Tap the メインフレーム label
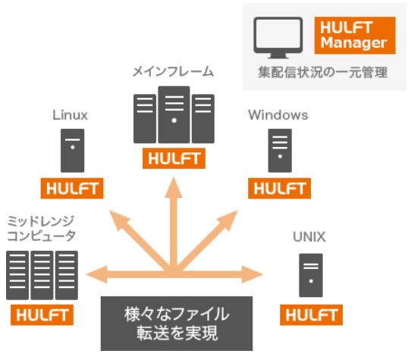[x=173, y=73]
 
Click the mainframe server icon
[x=174, y=117]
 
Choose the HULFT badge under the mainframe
[x=174, y=160]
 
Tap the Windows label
[x=278, y=115]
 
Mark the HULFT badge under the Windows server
[x=279, y=189]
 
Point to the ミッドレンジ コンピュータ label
[x=42, y=227]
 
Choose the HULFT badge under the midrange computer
[x=42, y=315]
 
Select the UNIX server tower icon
[x=311, y=274]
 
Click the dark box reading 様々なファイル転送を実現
[x=176, y=324]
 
